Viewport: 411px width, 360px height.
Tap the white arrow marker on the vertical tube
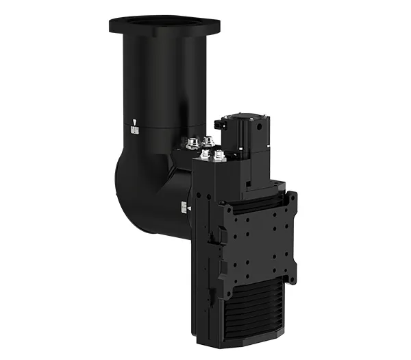point(134,125)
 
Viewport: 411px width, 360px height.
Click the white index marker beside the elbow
point(184,207)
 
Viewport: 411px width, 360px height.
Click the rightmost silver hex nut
point(219,156)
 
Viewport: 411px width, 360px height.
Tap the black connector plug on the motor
point(221,124)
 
